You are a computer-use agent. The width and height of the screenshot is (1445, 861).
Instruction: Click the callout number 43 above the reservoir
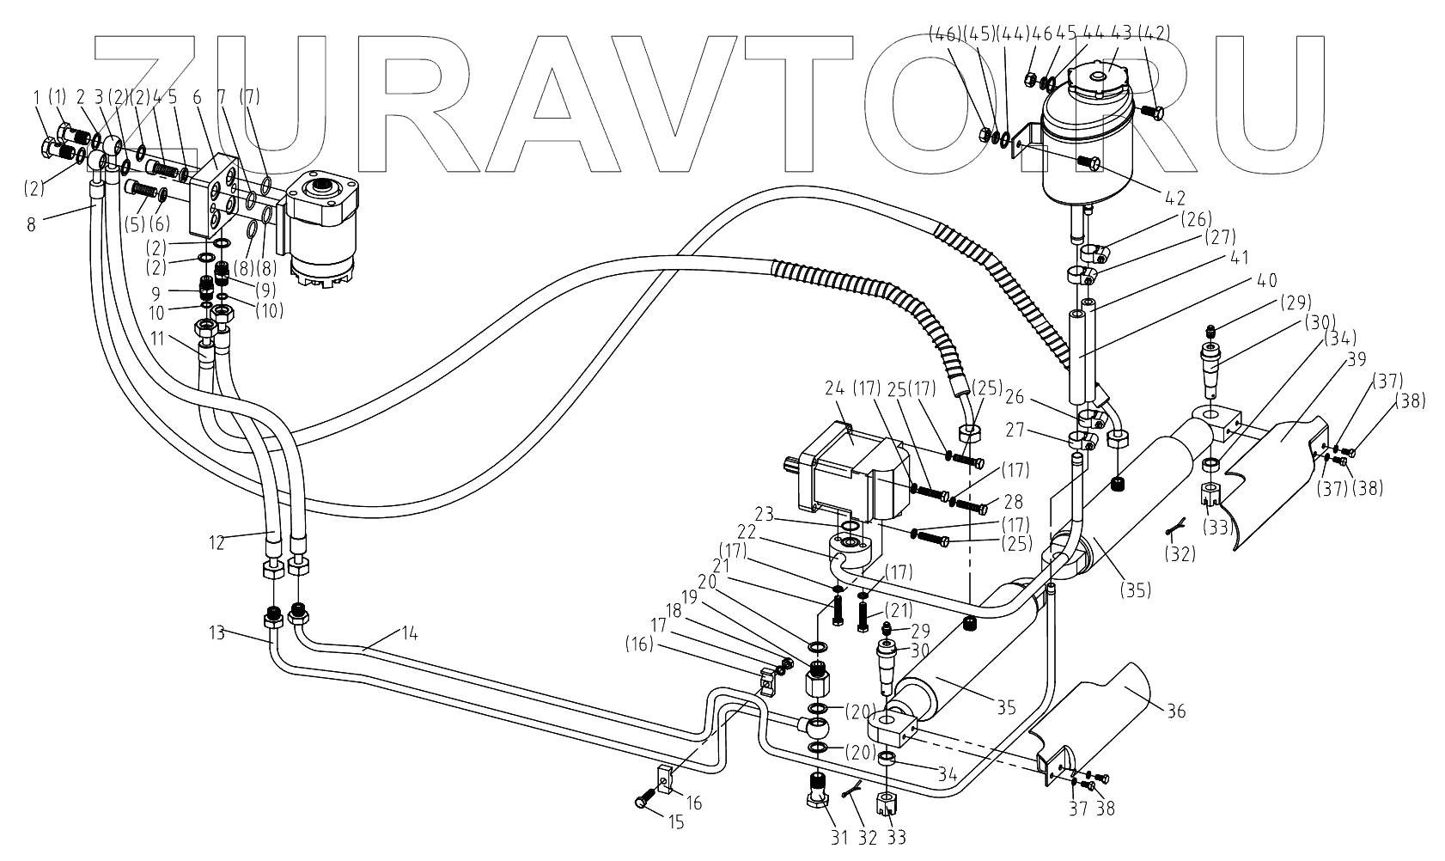(1120, 34)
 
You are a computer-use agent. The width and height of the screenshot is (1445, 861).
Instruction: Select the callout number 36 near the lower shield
(1174, 711)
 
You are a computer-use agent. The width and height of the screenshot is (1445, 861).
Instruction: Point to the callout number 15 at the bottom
(676, 822)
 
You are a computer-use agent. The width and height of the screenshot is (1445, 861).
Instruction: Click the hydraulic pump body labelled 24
(846, 473)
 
